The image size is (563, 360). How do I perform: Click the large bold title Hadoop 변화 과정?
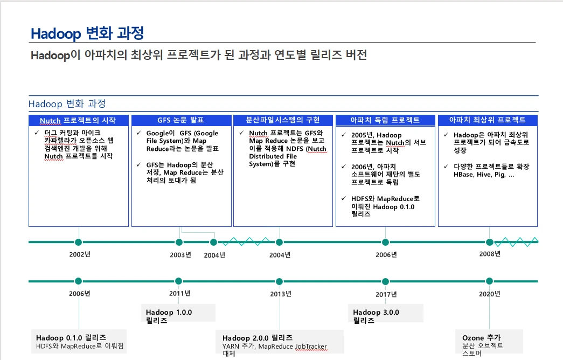click(x=87, y=33)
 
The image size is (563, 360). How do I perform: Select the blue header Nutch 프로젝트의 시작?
click(x=78, y=120)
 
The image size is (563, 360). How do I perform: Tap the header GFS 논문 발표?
click(x=180, y=120)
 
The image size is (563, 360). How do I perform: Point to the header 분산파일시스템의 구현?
click(x=282, y=120)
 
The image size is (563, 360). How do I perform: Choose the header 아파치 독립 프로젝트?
click(x=385, y=120)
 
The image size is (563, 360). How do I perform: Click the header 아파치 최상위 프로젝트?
click(x=487, y=120)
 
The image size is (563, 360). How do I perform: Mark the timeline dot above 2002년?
click(x=78, y=242)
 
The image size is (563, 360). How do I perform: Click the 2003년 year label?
click(x=180, y=255)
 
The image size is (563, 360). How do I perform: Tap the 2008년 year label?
click(x=490, y=254)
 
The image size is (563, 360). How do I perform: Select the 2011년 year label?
click(x=179, y=293)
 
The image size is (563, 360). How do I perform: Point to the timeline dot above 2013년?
click(x=280, y=281)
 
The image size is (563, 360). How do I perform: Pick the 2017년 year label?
click(x=386, y=294)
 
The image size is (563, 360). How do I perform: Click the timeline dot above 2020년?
click(x=489, y=281)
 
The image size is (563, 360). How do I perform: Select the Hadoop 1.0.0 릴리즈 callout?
click(x=179, y=313)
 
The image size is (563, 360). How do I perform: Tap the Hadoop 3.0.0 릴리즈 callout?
click(x=386, y=313)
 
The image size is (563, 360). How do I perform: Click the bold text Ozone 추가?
click(x=481, y=338)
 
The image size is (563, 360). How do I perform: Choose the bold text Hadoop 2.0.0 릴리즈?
click(x=258, y=338)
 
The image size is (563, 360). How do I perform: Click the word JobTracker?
click(x=311, y=347)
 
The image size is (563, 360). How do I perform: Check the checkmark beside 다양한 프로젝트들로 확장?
click(x=446, y=167)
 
